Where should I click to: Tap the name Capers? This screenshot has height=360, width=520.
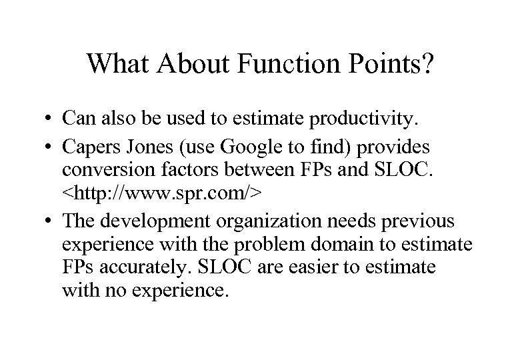coord(89,147)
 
